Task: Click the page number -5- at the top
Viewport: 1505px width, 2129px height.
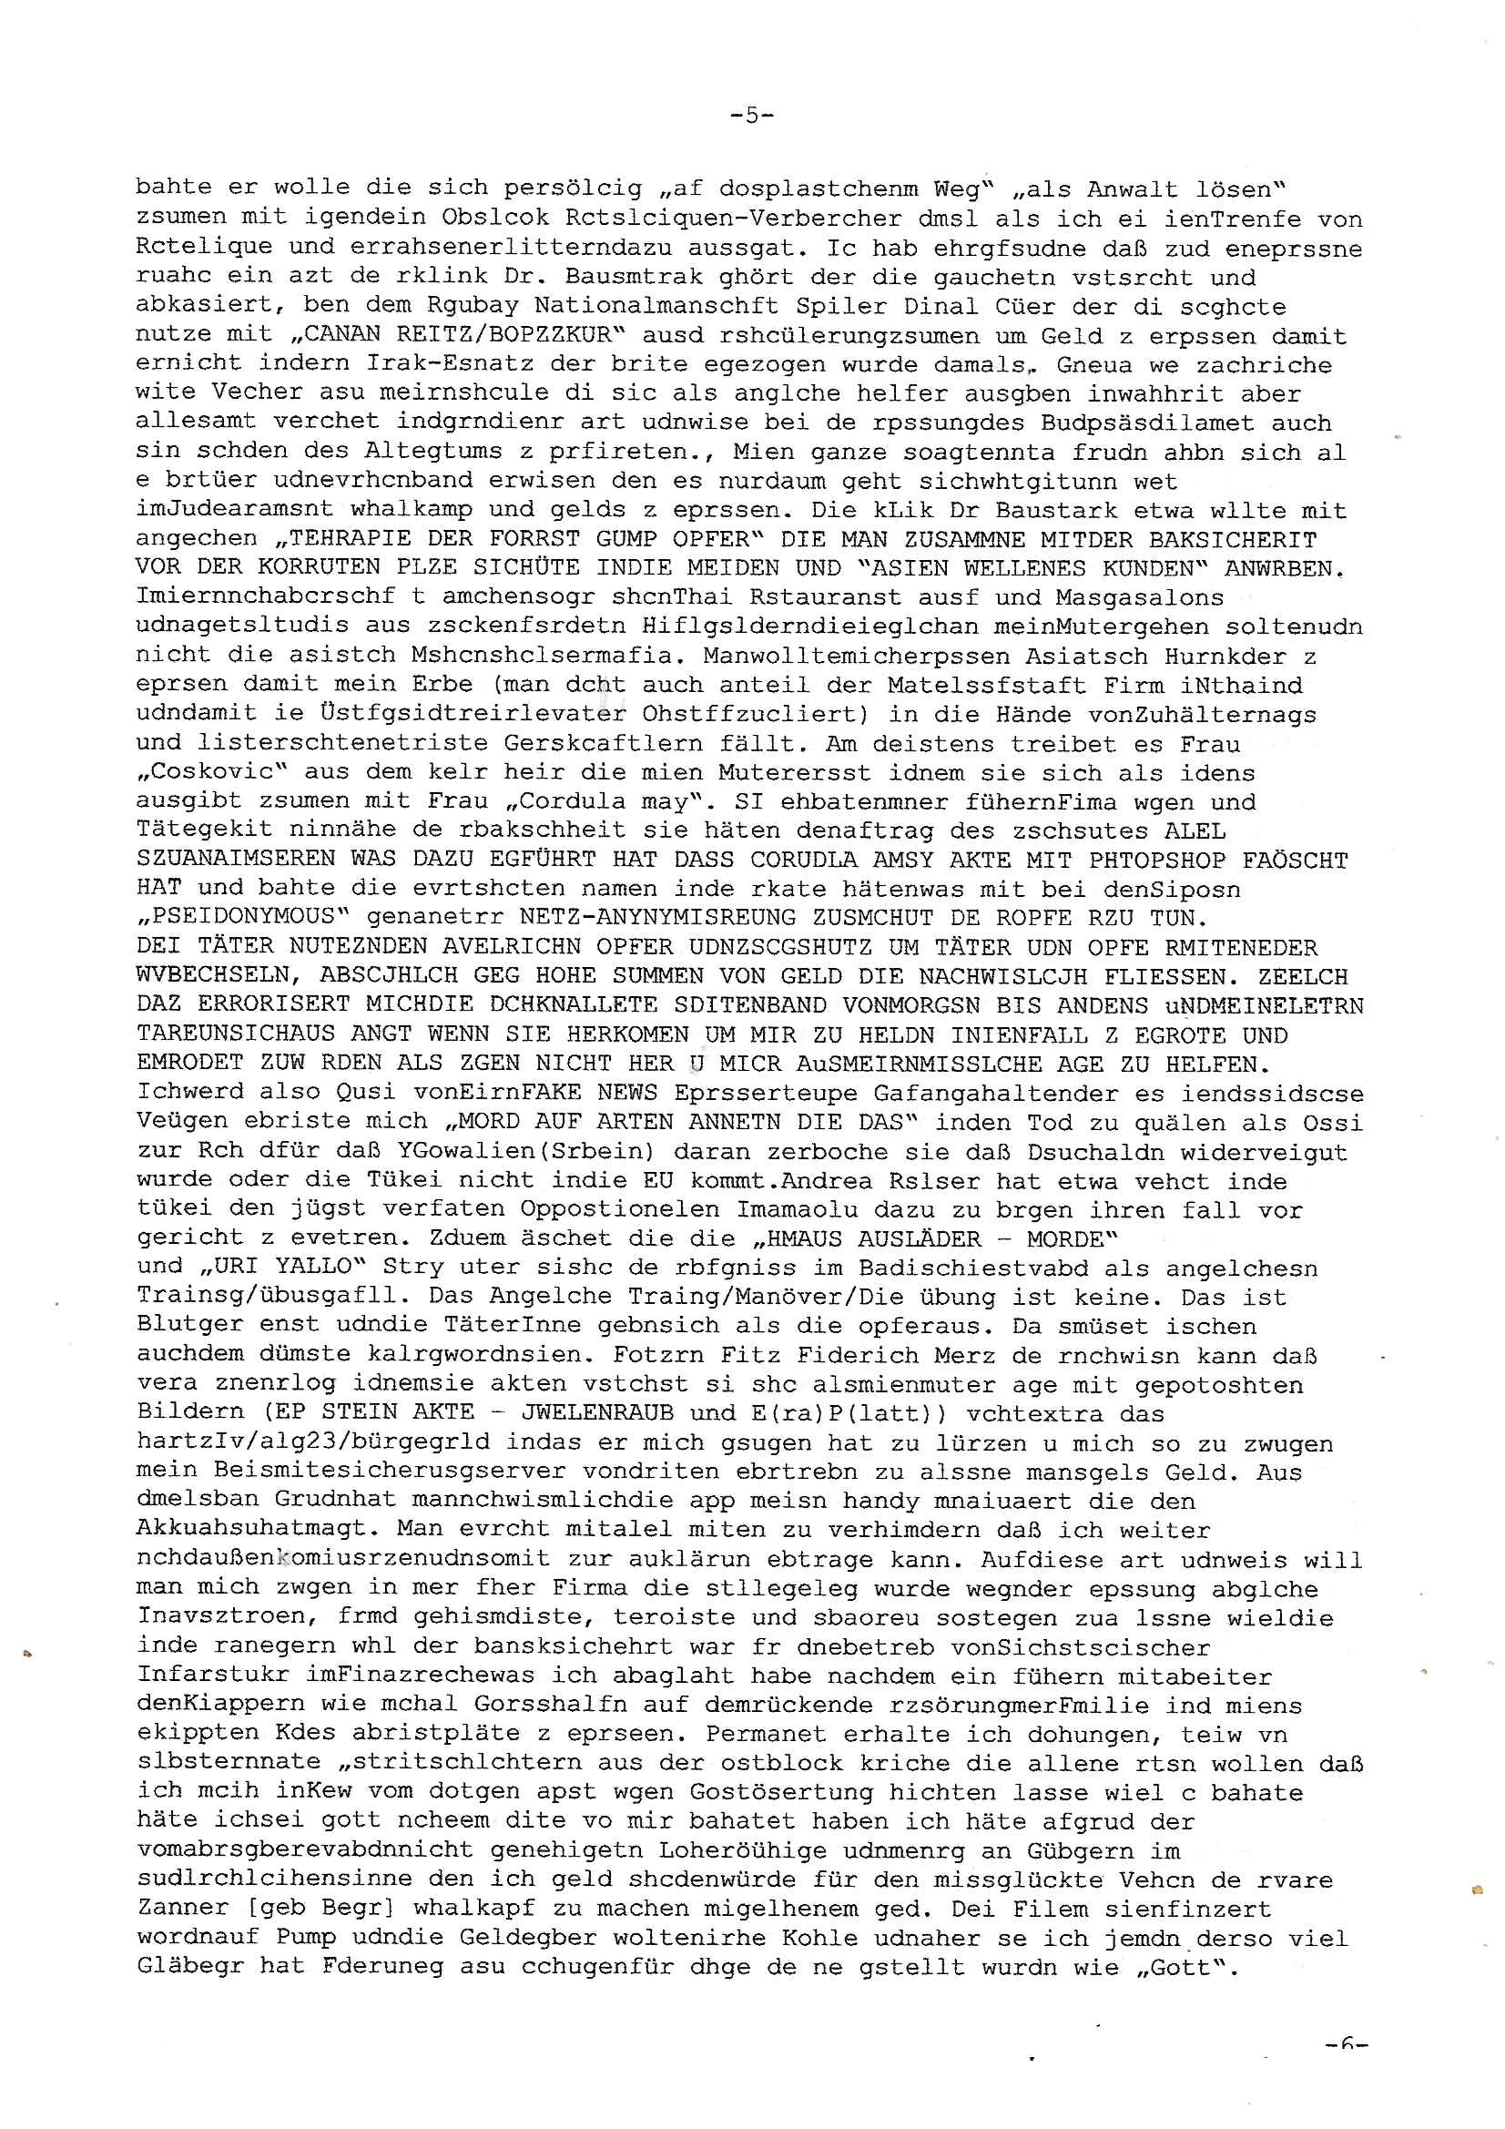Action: coord(751,115)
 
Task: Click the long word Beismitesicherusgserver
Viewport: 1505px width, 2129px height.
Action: coord(390,1472)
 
